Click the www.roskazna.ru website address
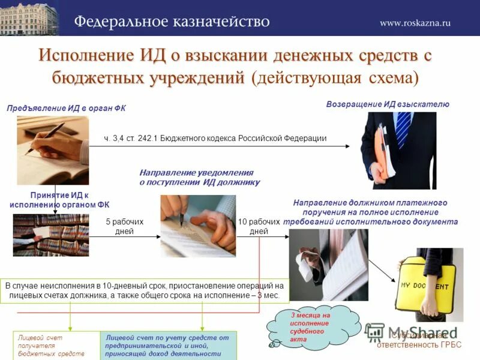coord(415,23)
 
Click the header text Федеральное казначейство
coord(172,22)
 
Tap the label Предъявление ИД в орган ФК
coord(66,108)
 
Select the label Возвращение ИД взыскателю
coord(387,104)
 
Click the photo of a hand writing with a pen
coord(53,149)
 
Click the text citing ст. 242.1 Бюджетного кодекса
coord(215,138)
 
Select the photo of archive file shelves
coord(51,235)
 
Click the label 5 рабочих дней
coord(125,226)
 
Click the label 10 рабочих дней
coord(259,226)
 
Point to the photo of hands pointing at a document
coord(197,226)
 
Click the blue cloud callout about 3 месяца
coord(310,327)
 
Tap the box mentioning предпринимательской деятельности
coord(170,345)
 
